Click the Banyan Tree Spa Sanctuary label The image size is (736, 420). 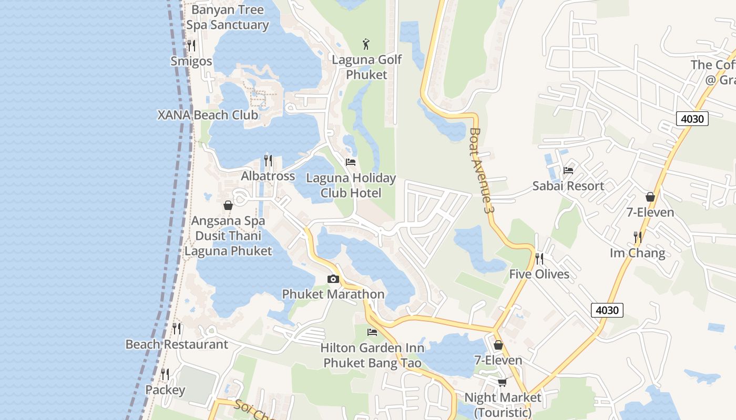coord(228,17)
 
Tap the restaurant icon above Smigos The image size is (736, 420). coord(191,46)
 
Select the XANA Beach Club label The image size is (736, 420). coord(208,115)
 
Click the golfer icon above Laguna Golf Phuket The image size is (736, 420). coord(366,44)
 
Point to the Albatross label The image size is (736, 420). coord(268,176)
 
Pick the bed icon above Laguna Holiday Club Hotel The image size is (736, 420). coord(351,162)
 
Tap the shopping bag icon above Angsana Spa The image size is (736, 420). coord(228,205)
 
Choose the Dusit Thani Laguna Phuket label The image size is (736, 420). coord(228,243)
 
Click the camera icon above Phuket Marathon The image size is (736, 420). coord(333,279)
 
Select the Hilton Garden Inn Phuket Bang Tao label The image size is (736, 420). coord(372,355)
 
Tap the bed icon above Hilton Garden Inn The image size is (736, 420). coord(372,332)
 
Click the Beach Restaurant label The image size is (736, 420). coord(177,344)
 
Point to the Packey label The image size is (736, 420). coord(165,390)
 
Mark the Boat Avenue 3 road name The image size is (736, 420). coord(483,170)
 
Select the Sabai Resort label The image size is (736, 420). coord(568,186)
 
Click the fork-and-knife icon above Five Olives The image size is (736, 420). coord(539,258)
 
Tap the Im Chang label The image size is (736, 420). coord(637,253)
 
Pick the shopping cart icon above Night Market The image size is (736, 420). coord(502,382)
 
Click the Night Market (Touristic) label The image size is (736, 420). coord(502,405)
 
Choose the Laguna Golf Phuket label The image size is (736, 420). coord(366,67)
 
